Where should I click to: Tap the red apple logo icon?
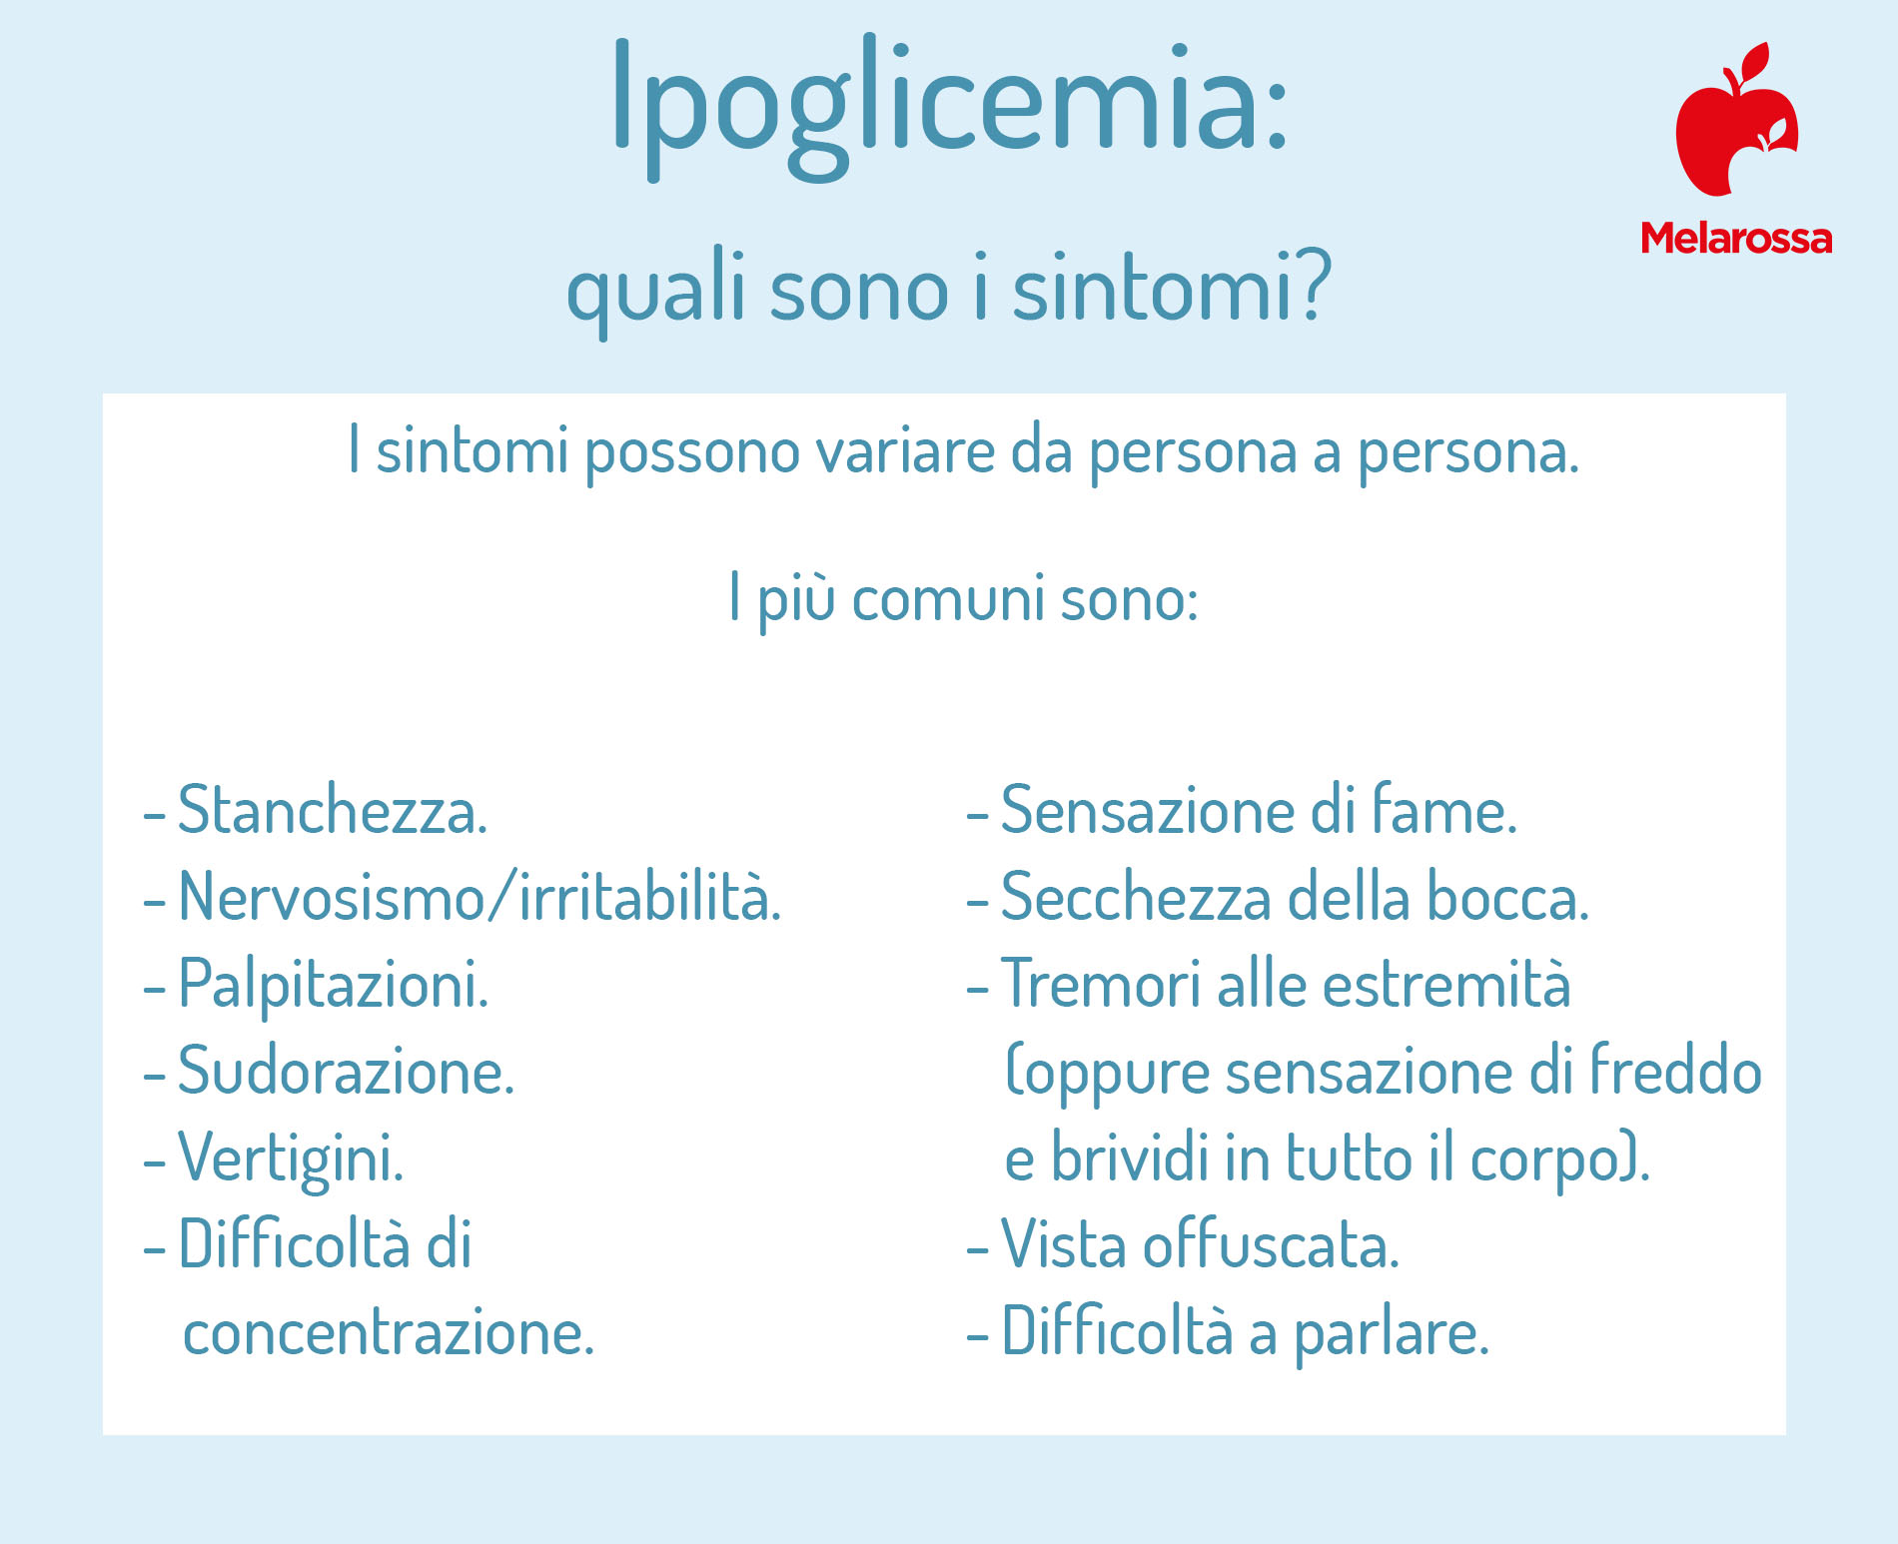[1736, 119]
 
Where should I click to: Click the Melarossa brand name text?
[1736, 238]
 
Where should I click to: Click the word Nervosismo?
[330, 896]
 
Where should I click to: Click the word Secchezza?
[1136, 896]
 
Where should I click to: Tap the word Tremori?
[1100, 984]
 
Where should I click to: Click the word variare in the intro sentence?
[905, 451]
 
